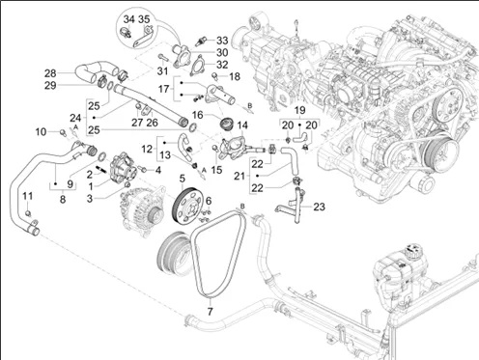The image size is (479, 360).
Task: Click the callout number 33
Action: (x=222, y=41)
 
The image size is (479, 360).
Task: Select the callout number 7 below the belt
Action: (x=210, y=312)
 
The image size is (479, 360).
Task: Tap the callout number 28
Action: (x=50, y=73)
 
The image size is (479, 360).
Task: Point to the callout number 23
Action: (x=319, y=207)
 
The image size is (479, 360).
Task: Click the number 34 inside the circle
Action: (x=128, y=19)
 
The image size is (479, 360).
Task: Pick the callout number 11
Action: (x=28, y=196)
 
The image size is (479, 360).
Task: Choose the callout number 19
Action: (x=299, y=110)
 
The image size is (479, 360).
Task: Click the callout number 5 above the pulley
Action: (x=183, y=179)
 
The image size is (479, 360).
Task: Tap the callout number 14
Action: (x=242, y=125)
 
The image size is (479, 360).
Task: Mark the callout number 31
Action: (x=162, y=70)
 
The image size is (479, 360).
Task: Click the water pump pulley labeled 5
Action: (x=187, y=206)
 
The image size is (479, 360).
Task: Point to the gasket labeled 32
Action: (x=198, y=67)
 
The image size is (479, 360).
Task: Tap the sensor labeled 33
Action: (x=202, y=42)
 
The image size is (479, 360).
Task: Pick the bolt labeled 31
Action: (x=163, y=58)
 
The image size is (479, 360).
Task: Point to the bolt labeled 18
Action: (x=215, y=76)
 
